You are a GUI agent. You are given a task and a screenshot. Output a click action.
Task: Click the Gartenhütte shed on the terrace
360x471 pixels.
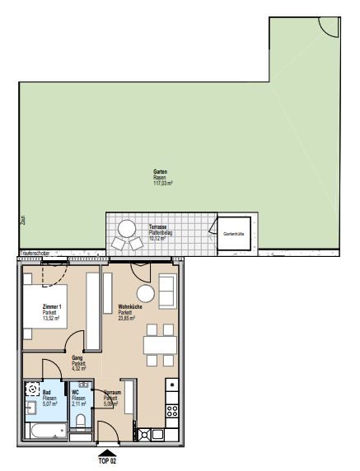[x=232, y=234]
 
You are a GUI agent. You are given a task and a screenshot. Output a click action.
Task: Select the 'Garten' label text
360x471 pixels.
[x=160, y=171]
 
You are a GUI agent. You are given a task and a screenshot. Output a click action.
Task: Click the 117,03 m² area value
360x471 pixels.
[x=164, y=183]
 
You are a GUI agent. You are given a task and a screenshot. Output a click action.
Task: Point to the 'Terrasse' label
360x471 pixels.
[x=159, y=226]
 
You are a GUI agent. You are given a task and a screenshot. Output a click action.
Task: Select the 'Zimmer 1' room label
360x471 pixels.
[x=53, y=305]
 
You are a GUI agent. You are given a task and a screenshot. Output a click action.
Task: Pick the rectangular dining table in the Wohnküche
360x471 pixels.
[x=160, y=345]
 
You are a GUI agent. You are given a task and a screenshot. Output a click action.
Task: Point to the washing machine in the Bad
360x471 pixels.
[x=32, y=389]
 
